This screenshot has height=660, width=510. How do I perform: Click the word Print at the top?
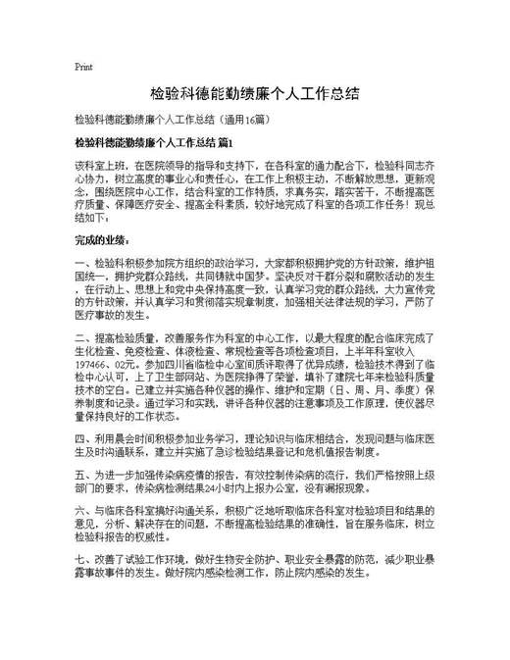tap(83, 68)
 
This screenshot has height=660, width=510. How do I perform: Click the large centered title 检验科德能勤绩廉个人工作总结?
tap(254, 95)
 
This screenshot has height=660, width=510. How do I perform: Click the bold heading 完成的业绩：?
tap(103, 239)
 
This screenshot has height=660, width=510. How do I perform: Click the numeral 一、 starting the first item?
tap(80, 265)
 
